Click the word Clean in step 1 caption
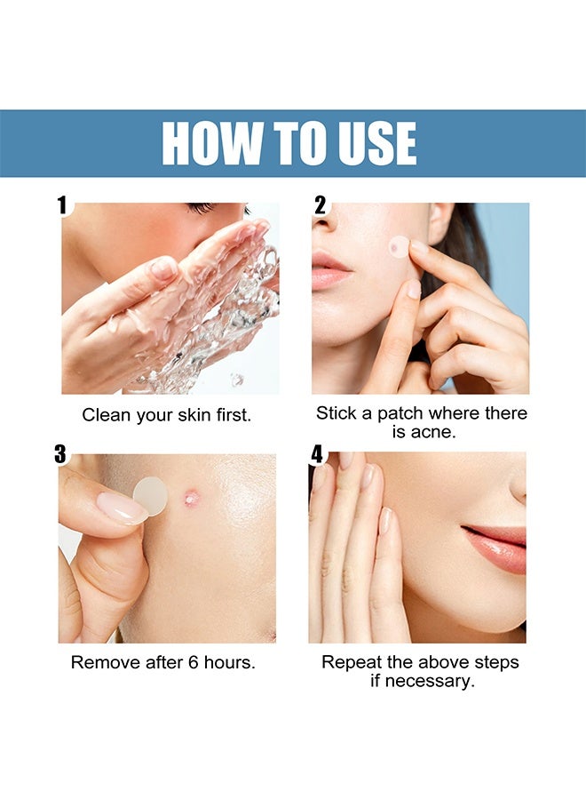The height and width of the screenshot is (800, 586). tap(105, 415)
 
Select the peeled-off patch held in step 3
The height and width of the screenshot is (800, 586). tap(150, 495)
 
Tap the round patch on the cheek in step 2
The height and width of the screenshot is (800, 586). tap(398, 246)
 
